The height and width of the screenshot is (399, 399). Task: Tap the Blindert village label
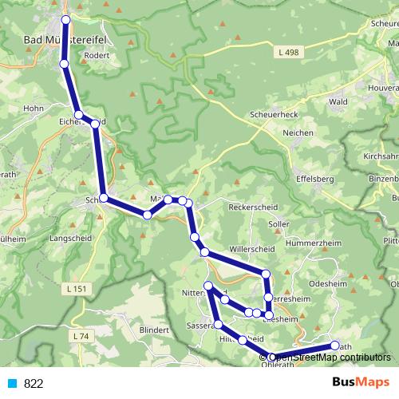[154, 330]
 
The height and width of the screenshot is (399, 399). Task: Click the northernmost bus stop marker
[65, 19]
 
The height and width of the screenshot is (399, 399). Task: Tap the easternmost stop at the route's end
[335, 346]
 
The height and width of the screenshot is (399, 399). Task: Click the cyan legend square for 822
[11, 383]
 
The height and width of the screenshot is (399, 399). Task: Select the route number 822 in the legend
[34, 383]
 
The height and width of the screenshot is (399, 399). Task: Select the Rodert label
[95, 56]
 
